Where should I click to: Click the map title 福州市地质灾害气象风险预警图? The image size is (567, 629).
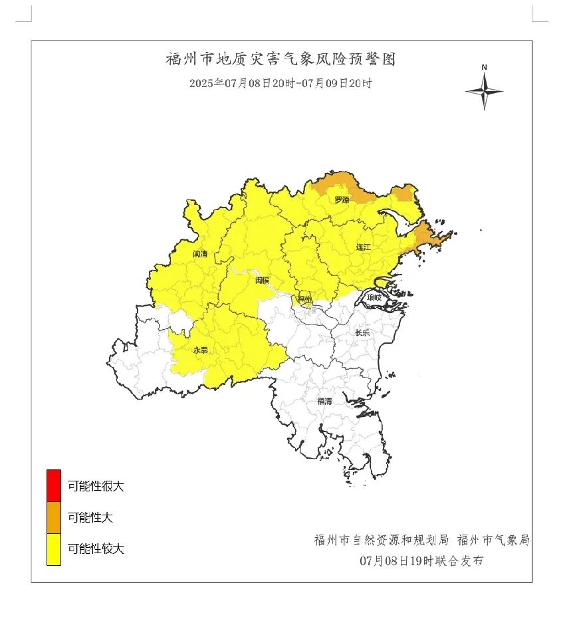280,59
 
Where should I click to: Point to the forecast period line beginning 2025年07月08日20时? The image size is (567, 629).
280,84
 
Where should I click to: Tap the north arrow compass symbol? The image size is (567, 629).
484,92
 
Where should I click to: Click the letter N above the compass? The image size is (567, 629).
485,67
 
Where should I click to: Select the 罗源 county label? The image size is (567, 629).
342,199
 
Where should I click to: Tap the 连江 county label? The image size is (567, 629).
363,247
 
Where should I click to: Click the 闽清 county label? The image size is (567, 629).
200,254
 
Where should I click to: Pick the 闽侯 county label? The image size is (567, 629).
263,281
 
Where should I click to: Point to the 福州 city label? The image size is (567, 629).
304,299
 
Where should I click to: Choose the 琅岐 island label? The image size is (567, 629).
375,299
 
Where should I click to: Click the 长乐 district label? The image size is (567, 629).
362,332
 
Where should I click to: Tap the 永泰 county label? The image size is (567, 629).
200,349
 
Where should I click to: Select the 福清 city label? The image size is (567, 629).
324,401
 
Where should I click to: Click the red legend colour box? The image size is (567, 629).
53,485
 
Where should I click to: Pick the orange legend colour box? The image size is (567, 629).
53,517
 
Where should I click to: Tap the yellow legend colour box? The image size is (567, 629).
53,549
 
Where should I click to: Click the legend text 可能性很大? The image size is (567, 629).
96,486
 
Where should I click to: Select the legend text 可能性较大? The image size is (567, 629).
96,549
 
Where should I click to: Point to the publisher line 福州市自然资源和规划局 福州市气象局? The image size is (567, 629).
421,540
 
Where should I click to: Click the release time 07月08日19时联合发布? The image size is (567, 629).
421,561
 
